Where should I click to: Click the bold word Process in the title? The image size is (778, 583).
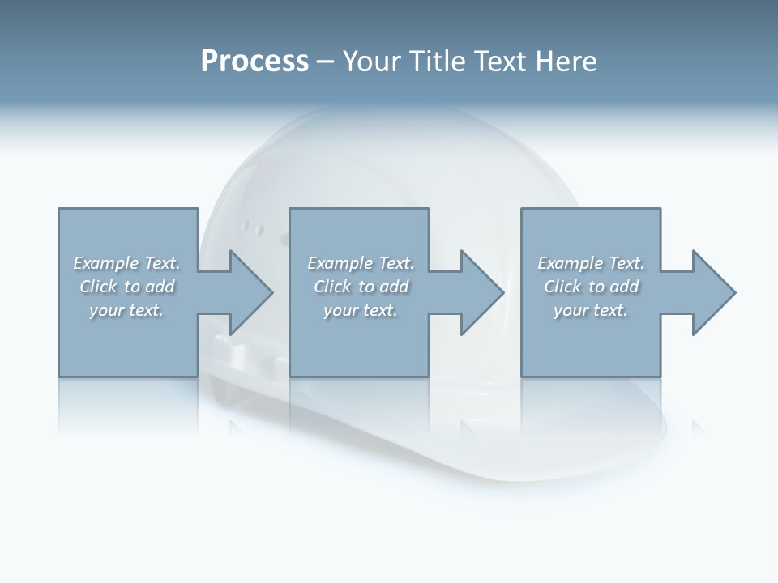click(x=254, y=62)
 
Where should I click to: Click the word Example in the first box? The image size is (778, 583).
click(x=105, y=263)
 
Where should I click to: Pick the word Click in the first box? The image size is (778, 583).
click(x=98, y=287)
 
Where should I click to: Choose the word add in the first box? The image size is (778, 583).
click(x=160, y=287)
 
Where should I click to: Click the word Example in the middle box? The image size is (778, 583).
click(x=340, y=263)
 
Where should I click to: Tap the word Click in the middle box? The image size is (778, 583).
click(x=332, y=287)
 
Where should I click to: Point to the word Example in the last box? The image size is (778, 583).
click(x=570, y=263)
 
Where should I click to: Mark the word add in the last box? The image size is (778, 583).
click(x=625, y=287)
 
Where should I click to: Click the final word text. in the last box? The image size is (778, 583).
click(x=610, y=310)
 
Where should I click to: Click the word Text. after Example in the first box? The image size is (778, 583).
click(x=161, y=263)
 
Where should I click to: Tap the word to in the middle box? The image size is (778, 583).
click(x=366, y=287)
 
